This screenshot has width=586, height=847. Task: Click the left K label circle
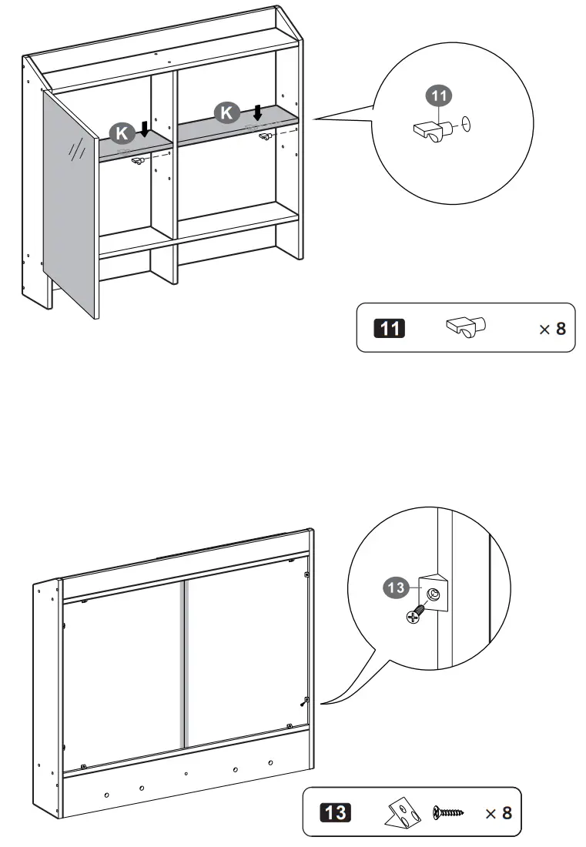tap(122, 132)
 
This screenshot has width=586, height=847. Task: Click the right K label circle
tap(226, 113)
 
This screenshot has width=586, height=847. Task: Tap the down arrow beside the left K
tap(144, 129)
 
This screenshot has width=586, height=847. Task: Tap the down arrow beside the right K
tap(257, 112)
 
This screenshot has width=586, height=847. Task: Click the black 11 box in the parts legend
tap(389, 328)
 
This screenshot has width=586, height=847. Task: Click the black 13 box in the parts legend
tap(335, 812)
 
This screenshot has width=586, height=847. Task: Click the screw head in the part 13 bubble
tap(414, 615)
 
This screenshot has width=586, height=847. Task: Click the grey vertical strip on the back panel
tap(183, 663)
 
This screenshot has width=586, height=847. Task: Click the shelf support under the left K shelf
tap(139, 160)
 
